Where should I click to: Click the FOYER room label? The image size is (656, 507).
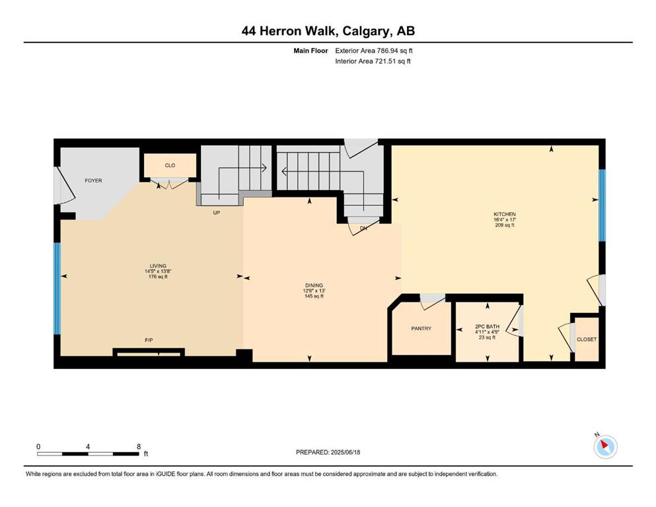pyautogui.click(x=93, y=181)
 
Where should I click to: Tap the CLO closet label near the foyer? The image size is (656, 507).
pyautogui.click(x=170, y=166)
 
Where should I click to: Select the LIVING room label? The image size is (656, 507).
pyautogui.click(x=158, y=266)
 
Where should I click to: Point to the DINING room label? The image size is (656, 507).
pyautogui.click(x=314, y=286)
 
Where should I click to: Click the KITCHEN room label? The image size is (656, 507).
pyautogui.click(x=505, y=215)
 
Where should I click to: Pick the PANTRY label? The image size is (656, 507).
pyautogui.click(x=421, y=329)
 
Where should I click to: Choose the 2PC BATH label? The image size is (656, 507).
pyautogui.click(x=488, y=326)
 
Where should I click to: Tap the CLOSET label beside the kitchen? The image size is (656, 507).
pyautogui.click(x=587, y=339)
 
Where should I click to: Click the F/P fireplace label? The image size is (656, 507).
pyautogui.click(x=149, y=340)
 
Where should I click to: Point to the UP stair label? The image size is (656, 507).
pyautogui.click(x=216, y=213)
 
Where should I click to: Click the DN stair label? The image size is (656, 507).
pyautogui.click(x=363, y=228)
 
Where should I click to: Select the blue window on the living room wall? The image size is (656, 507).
pyautogui.click(x=57, y=288)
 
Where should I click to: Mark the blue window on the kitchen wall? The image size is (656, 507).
pyautogui.click(x=602, y=205)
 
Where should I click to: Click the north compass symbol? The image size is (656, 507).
pyautogui.click(x=605, y=447)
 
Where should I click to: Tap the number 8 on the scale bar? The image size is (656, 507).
pyautogui.click(x=139, y=447)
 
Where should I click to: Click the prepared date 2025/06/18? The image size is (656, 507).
pyautogui.click(x=346, y=452)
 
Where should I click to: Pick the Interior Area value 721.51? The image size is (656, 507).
pyautogui.click(x=388, y=61)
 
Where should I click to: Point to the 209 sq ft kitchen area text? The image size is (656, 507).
pyautogui.click(x=505, y=225)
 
